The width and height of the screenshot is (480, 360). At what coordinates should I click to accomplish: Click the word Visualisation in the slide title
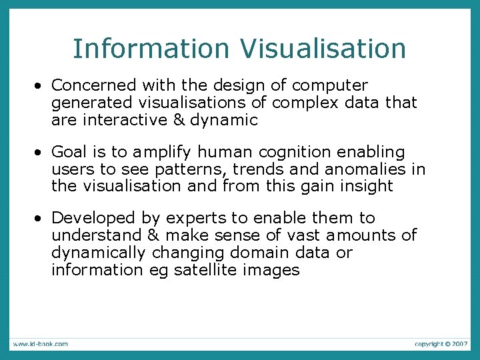(x=323, y=49)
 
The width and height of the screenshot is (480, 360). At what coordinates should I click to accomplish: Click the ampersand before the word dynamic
(x=177, y=120)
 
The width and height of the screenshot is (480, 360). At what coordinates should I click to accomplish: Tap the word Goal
(x=70, y=152)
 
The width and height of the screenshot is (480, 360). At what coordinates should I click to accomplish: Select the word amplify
(x=160, y=152)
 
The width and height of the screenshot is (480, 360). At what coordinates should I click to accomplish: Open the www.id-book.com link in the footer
(x=39, y=344)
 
